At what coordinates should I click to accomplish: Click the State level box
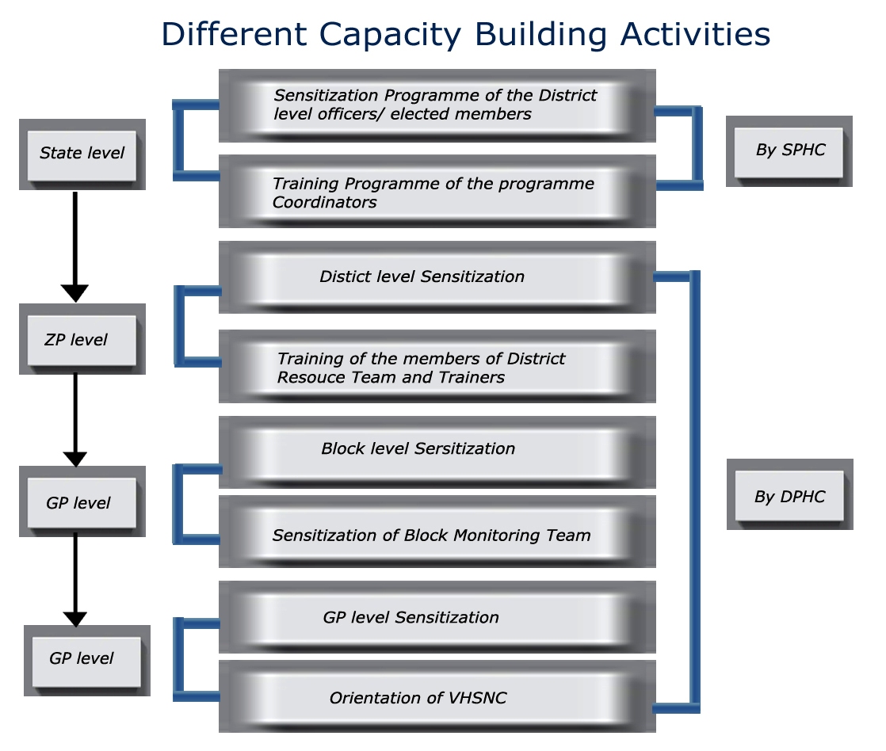82,154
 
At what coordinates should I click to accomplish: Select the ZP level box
82,339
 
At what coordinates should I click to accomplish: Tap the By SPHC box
789,151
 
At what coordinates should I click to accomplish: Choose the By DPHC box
790,494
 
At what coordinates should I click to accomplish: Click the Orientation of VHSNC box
437,696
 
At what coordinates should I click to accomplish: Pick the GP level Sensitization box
437,616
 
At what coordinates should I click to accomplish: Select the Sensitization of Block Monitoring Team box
437,532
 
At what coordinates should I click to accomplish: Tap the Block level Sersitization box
437,452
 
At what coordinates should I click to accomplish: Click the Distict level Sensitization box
437,277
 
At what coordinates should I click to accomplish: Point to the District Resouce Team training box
437,367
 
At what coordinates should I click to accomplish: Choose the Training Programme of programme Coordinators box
437,192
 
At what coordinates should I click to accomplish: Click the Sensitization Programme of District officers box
437,105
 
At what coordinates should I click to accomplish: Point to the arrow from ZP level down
75,420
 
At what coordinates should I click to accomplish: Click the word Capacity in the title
390,35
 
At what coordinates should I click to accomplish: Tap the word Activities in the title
696,34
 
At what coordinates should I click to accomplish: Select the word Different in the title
234,34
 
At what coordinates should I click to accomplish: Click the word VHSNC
477,698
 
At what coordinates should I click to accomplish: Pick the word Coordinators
324,202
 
